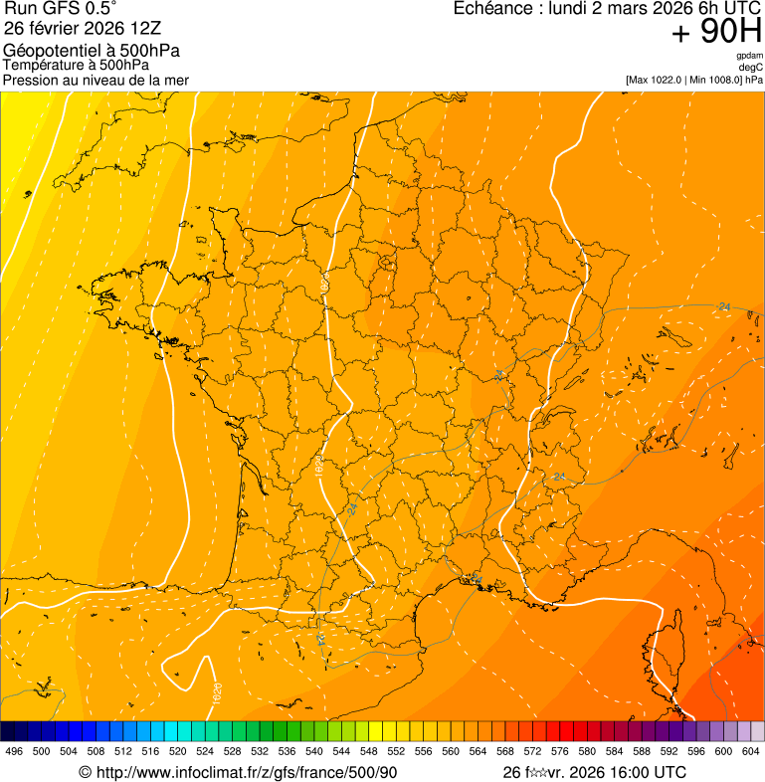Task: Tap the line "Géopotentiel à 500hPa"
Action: tap(92, 51)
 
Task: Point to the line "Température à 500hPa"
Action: tap(76, 65)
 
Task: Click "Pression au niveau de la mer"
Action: tap(96, 80)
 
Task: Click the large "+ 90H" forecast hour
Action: tap(716, 33)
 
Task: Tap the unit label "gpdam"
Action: tap(749, 56)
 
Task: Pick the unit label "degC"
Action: tap(751, 67)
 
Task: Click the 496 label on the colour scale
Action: tap(14, 751)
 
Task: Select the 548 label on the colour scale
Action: tap(369, 751)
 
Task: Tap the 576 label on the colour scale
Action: tap(560, 751)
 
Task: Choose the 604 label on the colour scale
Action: tap(751, 751)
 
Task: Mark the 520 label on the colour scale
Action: tap(178, 751)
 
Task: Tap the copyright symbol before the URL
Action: tap(86, 772)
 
